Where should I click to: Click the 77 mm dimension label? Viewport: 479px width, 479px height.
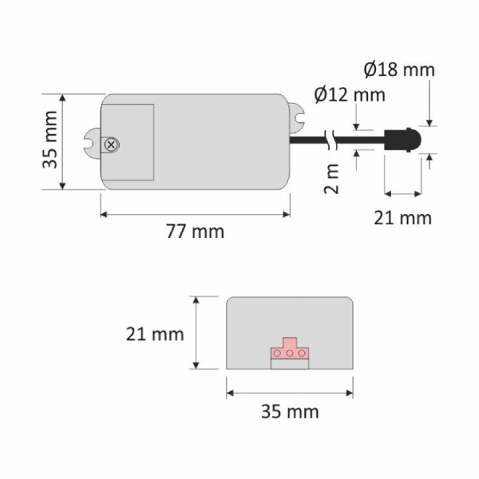coord(196,232)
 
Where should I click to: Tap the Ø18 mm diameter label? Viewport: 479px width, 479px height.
coord(399,69)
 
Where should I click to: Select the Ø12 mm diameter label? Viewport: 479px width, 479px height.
coord(350,95)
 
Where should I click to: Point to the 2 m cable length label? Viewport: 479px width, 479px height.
coord(331,179)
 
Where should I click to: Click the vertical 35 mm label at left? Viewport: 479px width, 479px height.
coord(49,140)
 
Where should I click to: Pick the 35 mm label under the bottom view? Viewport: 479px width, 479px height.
coord(290,411)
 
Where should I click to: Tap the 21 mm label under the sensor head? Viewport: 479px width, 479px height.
coord(403,218)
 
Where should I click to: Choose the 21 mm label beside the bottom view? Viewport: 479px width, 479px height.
coord(155,335)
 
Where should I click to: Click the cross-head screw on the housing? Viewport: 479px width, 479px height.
coord(112,144)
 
